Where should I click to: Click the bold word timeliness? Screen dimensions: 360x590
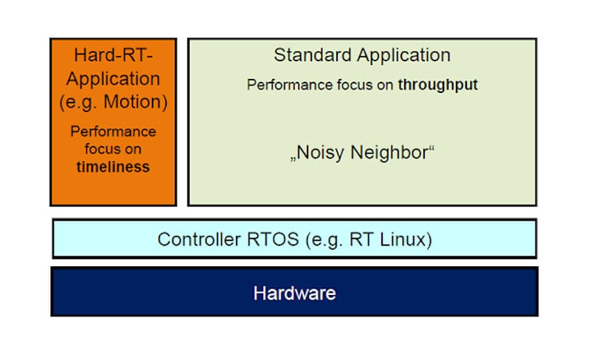(x=113, y=167)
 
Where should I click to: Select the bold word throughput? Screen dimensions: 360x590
(x=438, y=85)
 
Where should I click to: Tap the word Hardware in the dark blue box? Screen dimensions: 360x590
(x=294, y=293)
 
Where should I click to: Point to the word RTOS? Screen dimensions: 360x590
(x=262, y=240)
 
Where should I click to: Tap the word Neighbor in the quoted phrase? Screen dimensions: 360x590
(x=385, y=154)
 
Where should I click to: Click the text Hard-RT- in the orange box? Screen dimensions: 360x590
(x=114, y=55)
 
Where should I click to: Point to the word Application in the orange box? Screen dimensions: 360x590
(x=114, y=78)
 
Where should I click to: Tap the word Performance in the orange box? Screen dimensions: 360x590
(x=114, y=132)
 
